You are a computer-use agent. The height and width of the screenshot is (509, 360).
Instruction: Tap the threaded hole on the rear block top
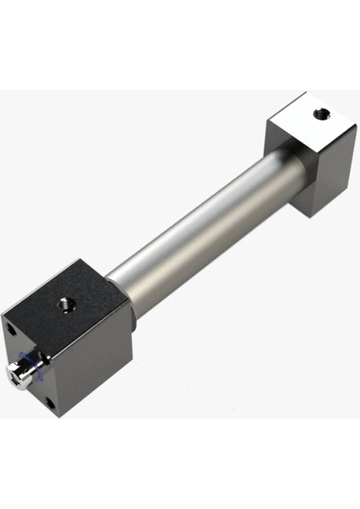click(319, 112)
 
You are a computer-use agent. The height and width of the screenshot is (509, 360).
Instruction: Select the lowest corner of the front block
click(59, 417)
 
